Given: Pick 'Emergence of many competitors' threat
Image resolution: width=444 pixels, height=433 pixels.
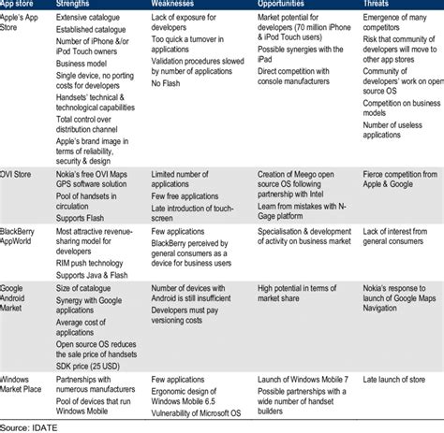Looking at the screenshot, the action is [x=386, y=23].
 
